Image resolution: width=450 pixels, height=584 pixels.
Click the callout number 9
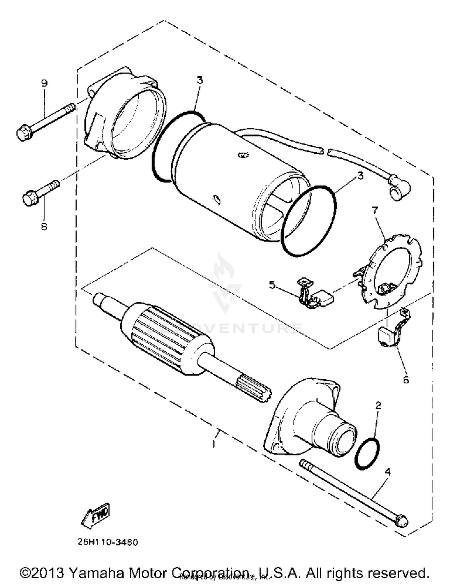pyautogui.click(x=44, y=83)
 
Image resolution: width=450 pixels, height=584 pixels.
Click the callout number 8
pyautogui.click(x=44, y=227)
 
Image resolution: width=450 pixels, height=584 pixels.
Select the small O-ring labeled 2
pyautogui.click(x=367, y=453)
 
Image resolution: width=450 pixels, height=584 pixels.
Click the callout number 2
pyautogui.click(x=378, y=406)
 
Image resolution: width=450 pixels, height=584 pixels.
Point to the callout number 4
pyautogui.click(x=388, y=472)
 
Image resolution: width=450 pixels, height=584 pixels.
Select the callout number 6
pyautogui.click(x=406, y=380)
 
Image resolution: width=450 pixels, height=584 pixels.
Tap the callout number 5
pyautogui.click(x=272, y=285)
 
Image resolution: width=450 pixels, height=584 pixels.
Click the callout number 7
pyautogui.click(x=375, y=211)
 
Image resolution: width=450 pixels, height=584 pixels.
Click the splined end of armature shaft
pyautogui.click(x=253, y=389)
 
